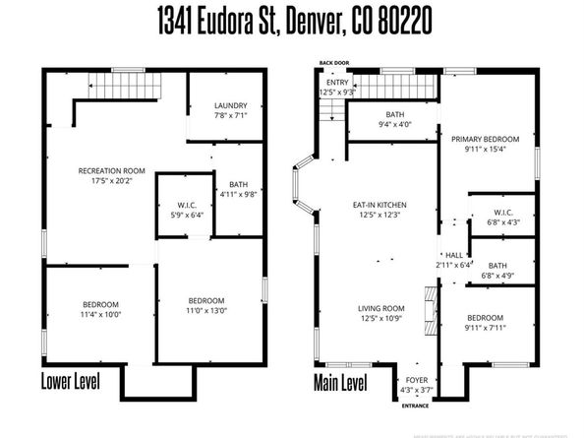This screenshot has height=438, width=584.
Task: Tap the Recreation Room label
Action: (x=111, y=170)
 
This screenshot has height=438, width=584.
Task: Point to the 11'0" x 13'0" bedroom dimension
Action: (x=207, y=311)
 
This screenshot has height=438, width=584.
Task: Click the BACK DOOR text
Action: (x=333, y=64)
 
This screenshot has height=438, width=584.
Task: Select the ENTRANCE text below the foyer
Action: (x=416, y=405)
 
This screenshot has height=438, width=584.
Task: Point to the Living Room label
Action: (x=380, y=308)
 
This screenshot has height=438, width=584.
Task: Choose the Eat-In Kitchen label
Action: (x=380, y=205)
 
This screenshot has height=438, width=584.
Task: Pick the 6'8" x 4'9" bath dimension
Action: (x=497, y=277)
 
